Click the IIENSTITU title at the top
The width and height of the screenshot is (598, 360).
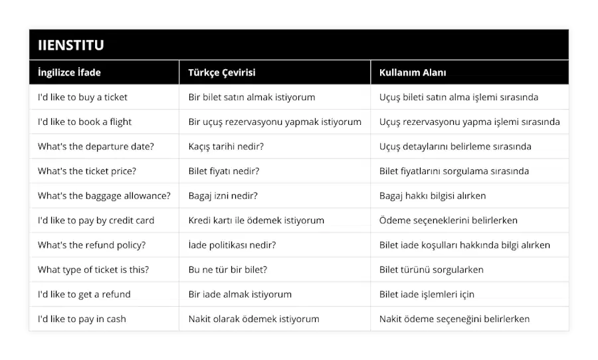[71, 45]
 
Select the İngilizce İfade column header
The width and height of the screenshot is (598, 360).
[69, 72]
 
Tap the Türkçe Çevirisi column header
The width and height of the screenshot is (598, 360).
[222, 72]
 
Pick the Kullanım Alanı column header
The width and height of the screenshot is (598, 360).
[413, 72]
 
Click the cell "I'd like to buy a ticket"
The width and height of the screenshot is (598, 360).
[82, 97]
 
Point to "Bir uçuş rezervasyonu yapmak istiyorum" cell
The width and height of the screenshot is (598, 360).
[274, 122]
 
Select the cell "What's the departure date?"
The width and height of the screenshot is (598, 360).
[96, 146]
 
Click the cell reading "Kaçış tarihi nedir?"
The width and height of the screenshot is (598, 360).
[226, 146]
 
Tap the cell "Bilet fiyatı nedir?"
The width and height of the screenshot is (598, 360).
[224, 171]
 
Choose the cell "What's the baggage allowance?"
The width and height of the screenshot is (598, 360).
[104, 196]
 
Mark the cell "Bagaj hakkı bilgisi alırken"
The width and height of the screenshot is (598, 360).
[433, 196]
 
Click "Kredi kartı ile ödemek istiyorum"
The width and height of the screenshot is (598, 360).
[256, 221]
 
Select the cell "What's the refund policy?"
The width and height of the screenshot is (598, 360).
[92, 245]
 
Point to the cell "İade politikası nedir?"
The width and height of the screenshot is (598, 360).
[232, 245]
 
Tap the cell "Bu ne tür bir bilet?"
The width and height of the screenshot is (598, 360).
[228, 270]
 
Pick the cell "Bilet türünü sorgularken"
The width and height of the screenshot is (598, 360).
[431, 270]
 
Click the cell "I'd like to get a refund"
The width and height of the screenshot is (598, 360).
[84, 294]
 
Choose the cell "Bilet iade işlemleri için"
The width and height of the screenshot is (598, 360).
[427, 294]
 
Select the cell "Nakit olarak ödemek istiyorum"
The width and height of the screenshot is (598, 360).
[254, 319]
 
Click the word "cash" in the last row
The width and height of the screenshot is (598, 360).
[115, 319]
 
